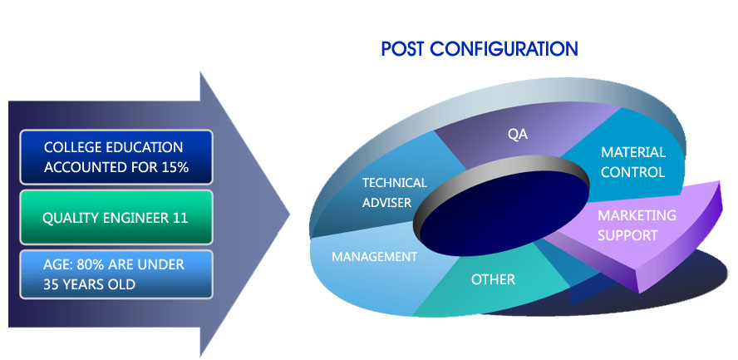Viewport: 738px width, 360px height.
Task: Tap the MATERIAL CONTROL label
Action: point(633,162)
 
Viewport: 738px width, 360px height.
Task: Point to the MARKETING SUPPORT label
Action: point(637,225)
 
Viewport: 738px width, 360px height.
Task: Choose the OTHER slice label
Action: point(493,279)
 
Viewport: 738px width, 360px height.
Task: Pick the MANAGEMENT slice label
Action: point(374,257)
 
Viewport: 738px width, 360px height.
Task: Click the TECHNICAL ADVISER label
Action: point(394,192)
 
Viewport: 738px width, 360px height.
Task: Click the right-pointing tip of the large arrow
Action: point(288,214)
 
